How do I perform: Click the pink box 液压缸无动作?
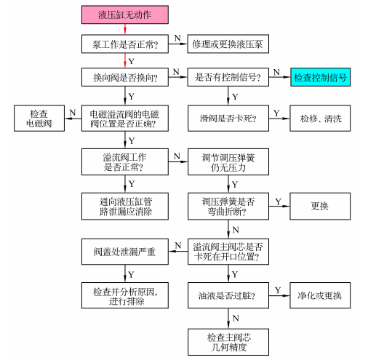point(124,13)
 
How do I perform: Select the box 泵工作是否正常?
point(124,44)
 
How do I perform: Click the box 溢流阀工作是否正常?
point(124,161)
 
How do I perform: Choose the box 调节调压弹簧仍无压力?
point(229,161)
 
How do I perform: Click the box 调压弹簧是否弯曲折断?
point(229,205)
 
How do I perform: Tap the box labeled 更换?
point(320,205)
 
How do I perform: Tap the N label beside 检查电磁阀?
point(72,112)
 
